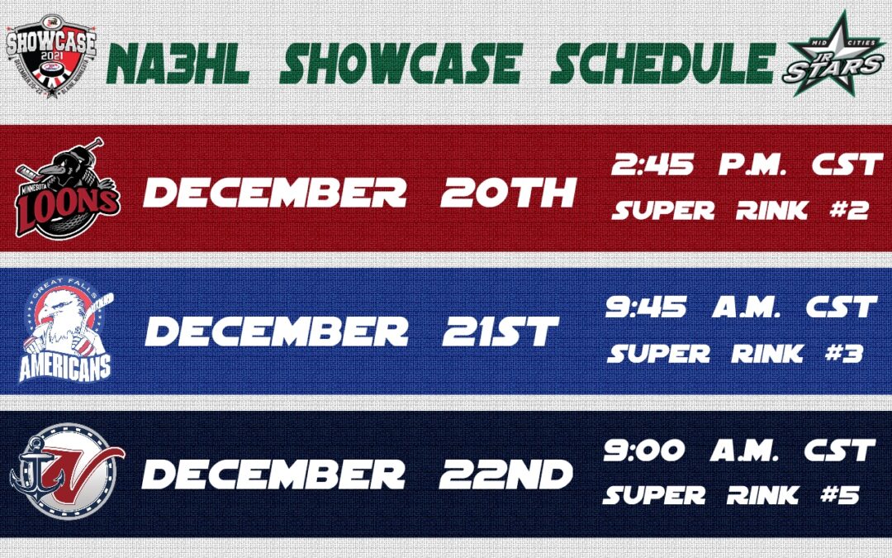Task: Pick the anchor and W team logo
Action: [x=66, y=474]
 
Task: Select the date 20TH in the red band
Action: [x=507, y=193]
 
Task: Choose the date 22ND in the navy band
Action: [x=505, y=475]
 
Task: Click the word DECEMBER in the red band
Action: [x=274, y=193]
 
